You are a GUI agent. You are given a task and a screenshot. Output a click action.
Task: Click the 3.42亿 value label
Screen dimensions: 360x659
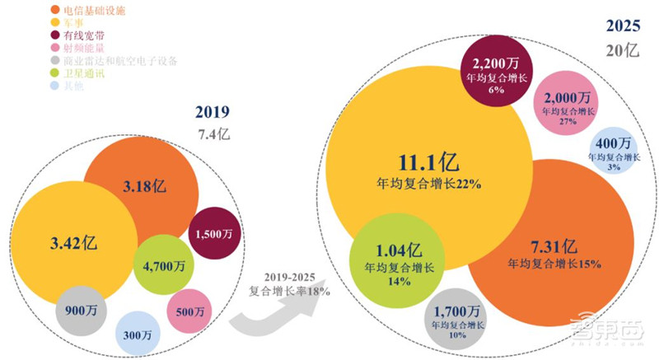[x=68, y=245]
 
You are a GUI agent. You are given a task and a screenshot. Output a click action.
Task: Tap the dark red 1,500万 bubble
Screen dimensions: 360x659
[x=213, y=234]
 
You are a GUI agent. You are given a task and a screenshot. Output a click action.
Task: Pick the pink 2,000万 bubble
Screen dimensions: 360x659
[x=566, y=104]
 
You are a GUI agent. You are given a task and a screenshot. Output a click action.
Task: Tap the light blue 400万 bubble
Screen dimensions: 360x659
[x=614, y=150]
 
